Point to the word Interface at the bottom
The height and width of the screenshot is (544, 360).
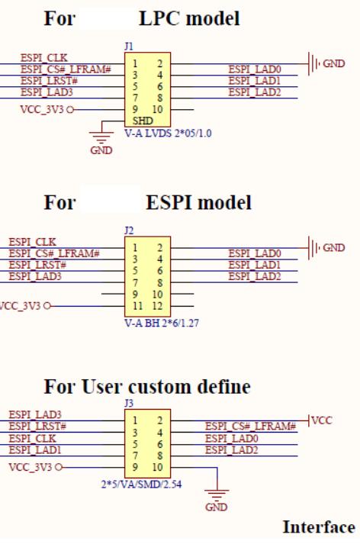click(319, 528)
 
